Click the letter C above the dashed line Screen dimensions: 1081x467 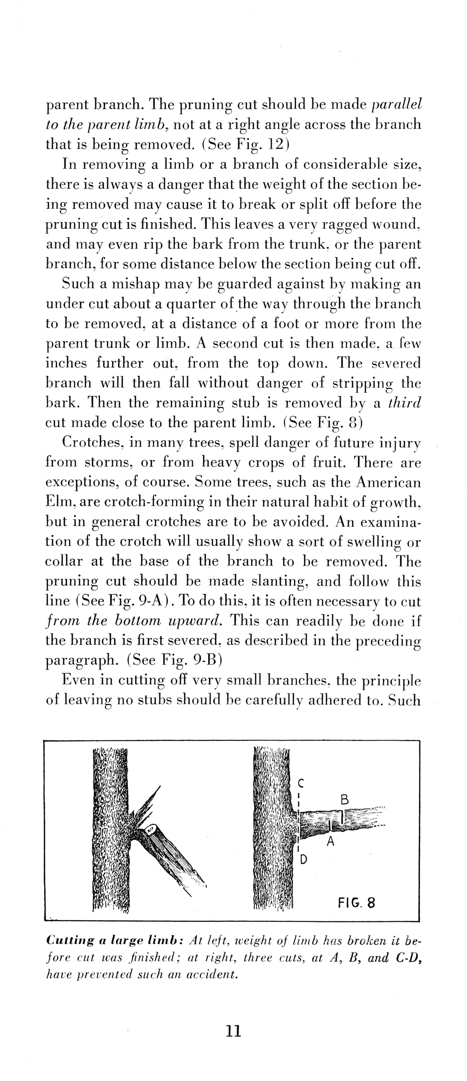301,783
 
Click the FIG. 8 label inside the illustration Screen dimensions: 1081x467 356,902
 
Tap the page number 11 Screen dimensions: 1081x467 233,1031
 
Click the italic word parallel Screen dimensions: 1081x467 397,104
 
